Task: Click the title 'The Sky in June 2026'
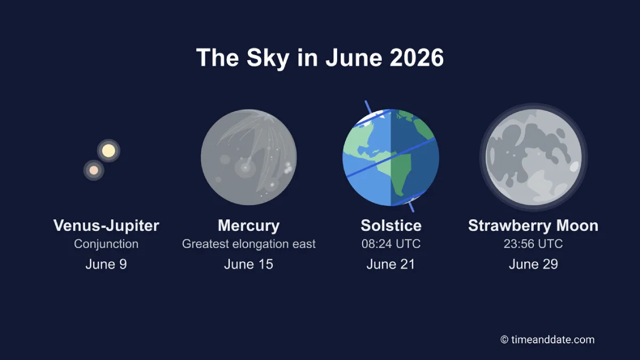pyautogui.click(x=319, y=58)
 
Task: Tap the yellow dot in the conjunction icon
pyautogui.click(x=109, y=150)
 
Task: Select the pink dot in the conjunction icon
pyautogui.click(x=94, y=170)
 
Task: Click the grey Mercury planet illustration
pyautogui.click(x=249, y=157)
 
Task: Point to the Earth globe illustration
pyautogui.click(x=390, y=157)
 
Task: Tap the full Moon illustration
pyautogui.click(x=533, y=157)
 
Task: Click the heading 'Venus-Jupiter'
pyautogui.click(x=106, y=226)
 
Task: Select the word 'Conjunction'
pyautogui.click(x=106, y=244)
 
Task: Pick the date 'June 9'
pyautogui.click(x=106, y=265)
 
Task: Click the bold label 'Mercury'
pyautogui.click(x=249, y=226)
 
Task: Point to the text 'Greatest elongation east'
pyautogui.click(x=249, y=244)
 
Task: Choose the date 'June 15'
pyautogui.click(x=249, y=265)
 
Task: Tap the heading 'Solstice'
pyautogui.click(x=391, y=226)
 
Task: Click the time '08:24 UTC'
pyautogui.click(x=391, y=244)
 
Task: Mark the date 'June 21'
pyautogui.click(x=390, y=265)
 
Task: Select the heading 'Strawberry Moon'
pyautogui.click(x=533, y=226)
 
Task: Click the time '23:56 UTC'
pyautogui.click(x=533, y=244)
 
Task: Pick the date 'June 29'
pyautogui.click(x=533, y=265)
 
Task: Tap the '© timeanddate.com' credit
pyautogui.click(x=547, y=340)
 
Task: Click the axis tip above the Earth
pyautogui.click(x=366, y=101)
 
